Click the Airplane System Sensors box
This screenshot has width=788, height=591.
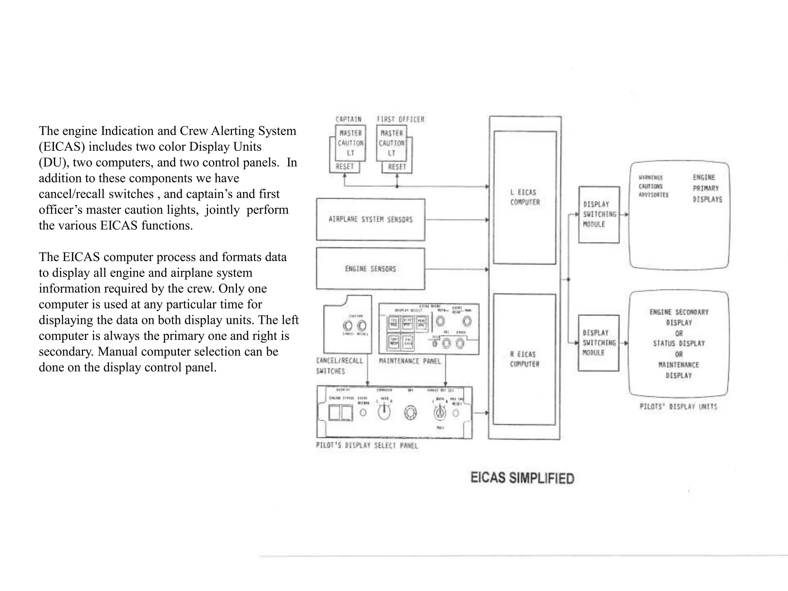click(371, 219)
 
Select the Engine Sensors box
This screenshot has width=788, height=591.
click(371, 269)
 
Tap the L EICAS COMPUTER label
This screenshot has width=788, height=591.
click(525, 197)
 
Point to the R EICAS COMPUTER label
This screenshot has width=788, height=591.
click(524, 359)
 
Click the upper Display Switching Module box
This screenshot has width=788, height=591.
click(599, 214)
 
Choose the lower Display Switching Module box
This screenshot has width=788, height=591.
click(599, 343)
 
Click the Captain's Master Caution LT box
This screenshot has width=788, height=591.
click(350, 143)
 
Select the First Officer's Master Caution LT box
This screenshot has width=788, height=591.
click(391, 143)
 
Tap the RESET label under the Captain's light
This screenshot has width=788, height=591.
click(344, 167)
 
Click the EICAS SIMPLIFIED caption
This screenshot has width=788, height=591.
click(522, 478)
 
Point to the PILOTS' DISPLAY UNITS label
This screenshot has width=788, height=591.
click(678, 407)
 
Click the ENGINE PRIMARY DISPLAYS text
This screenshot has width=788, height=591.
click(707, 188)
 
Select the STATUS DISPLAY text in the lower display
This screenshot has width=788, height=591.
click(679, 343)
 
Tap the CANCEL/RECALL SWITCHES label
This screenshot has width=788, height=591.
click(339, 366)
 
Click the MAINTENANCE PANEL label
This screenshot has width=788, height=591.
click(410, 361)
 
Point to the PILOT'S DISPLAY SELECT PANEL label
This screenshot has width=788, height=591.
click(367, 446)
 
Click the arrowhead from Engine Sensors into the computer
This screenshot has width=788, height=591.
click(487, 269)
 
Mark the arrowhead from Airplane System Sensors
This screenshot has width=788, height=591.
click(487, 220)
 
